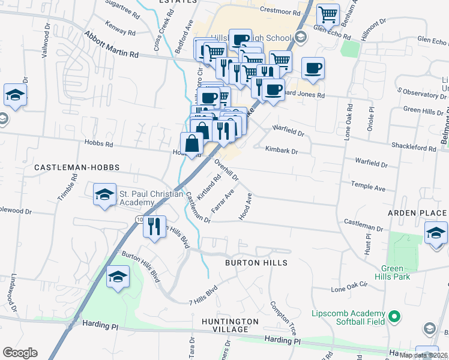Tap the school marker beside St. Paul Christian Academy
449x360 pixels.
click(104, 195)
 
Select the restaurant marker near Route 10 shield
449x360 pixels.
click(155, 227)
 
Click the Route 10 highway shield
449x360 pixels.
click(139, 220)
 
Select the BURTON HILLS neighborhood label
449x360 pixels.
click(256, 263)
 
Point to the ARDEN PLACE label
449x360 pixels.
click(417, 213)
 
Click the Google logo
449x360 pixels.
click(20, 352)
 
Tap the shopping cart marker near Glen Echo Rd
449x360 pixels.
click(328, 14)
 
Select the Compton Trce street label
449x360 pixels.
click(284, 317)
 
